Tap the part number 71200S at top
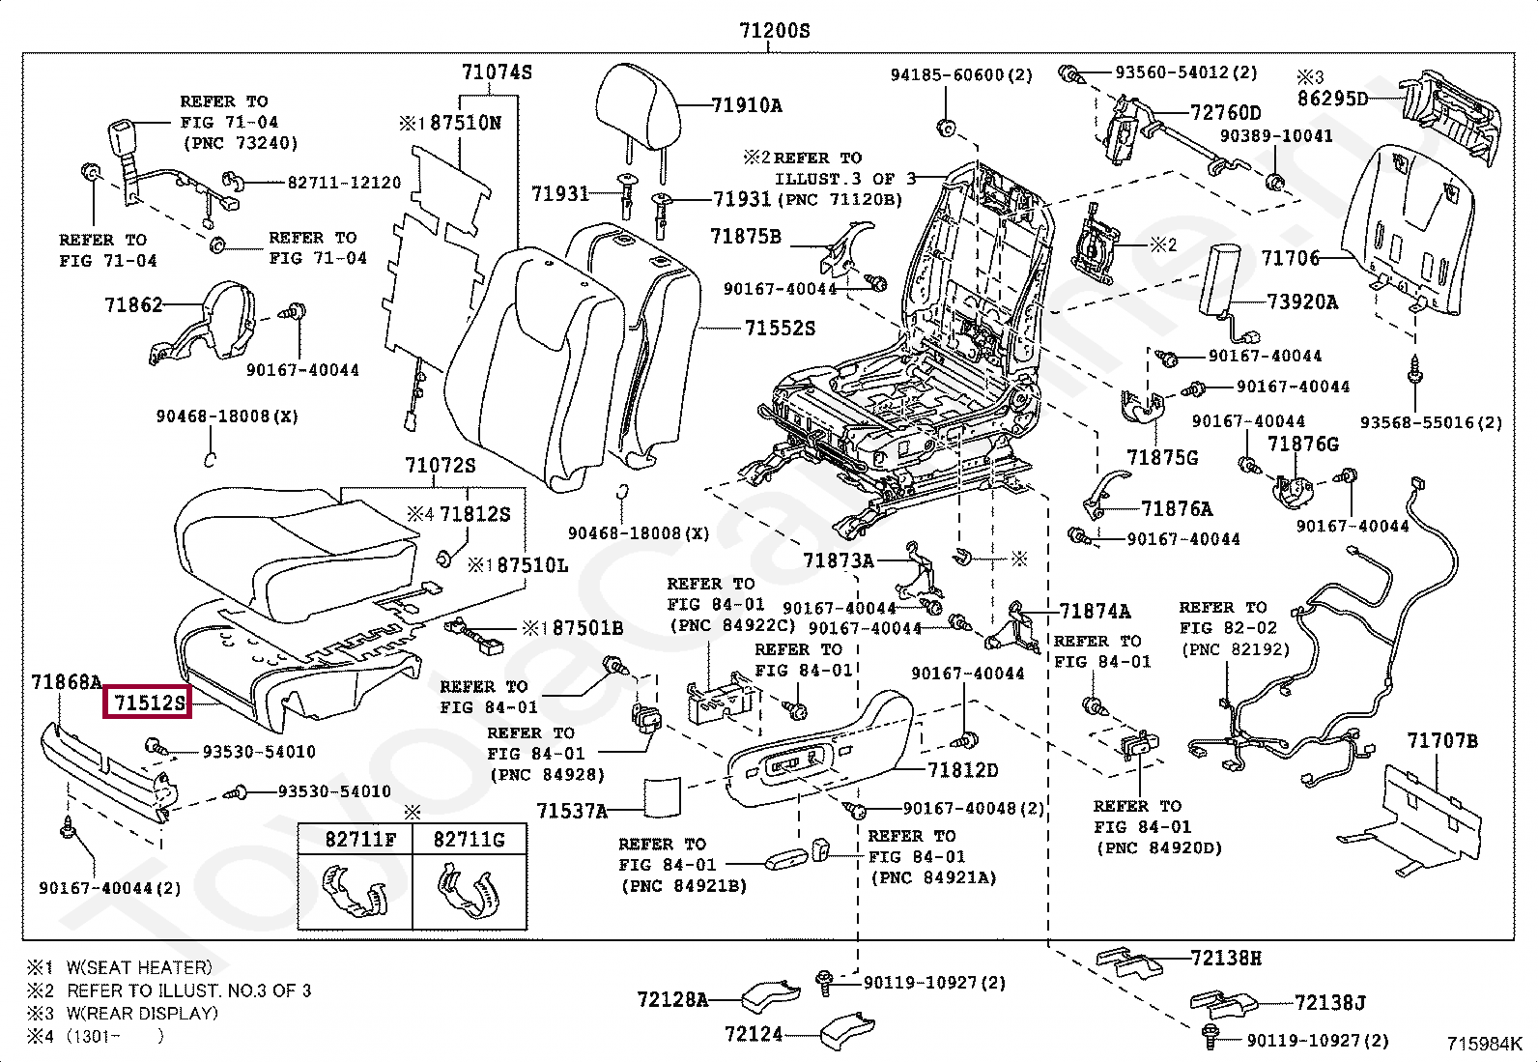pos(774,31)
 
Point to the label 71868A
pos(66,681)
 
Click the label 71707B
pos(1442,741)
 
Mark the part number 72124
pos(754,1034)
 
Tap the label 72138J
pos(1330,1003)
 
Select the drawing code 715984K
pos(1484,1044)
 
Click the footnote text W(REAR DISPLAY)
pos(142,1014)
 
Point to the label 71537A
pos(572,811)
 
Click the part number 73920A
pos(1301,301)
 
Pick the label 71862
pos(133,305)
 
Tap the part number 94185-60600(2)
pos(961,74)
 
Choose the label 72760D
pos(1226,113)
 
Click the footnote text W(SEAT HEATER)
pos(139,967)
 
